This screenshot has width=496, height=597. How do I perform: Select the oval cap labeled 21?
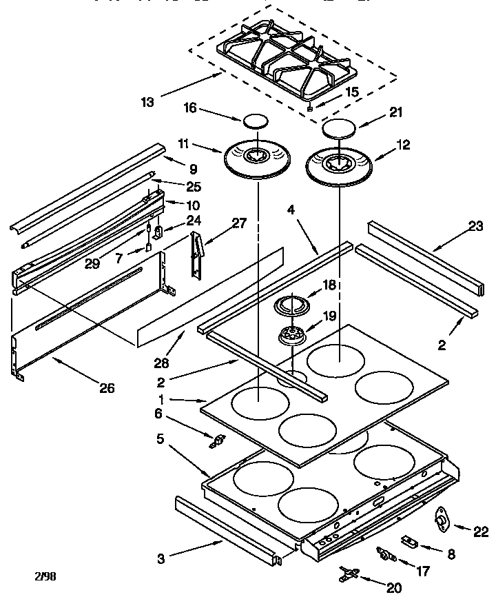pyautogui.click(x=338, y=128)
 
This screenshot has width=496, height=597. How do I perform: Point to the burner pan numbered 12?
pyautogui.click(x=340, y=165)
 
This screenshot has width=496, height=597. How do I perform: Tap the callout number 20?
pyautogui.click(x=394, y=587)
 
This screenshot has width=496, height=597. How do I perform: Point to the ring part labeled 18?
pyautogui.click(x=291, y=304)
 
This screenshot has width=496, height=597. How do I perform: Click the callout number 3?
pyautogui.click(x=161, y=559)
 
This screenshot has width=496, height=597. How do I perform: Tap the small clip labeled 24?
pyautogui.click(x=157, y=233)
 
